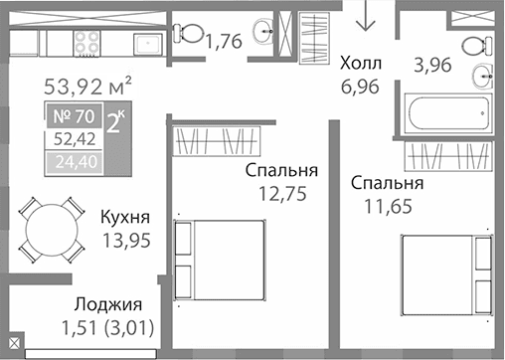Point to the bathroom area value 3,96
432,68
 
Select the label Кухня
125,216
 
